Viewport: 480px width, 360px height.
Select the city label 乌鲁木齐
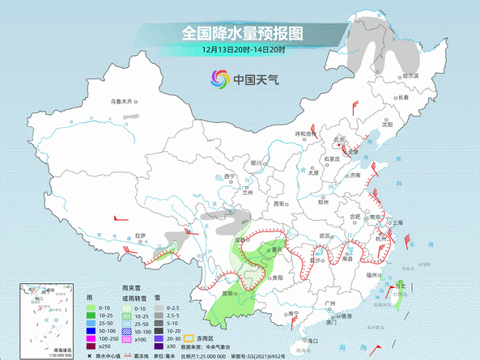(x=125, y=102)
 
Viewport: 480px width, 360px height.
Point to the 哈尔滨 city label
(x=411, y=75)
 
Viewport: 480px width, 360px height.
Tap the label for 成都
(x=240, y=239)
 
